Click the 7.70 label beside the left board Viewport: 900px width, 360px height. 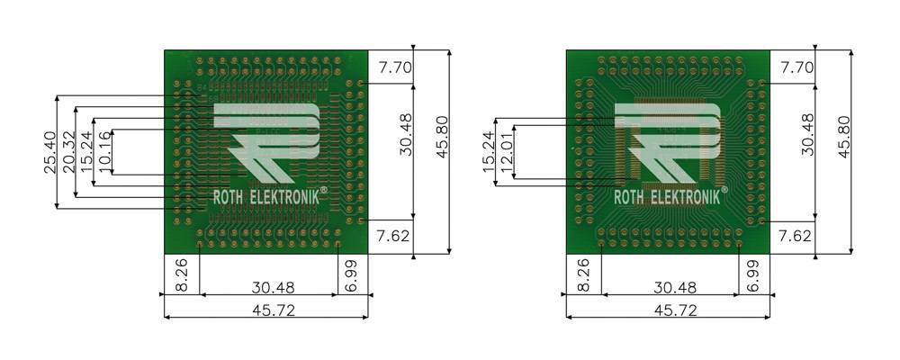click(x=394, y=67)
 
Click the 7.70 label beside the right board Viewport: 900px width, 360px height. click(x=796, y=67)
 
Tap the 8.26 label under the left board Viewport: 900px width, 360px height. click(x=180, y=274)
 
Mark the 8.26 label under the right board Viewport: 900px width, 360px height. click(x=582, y=274)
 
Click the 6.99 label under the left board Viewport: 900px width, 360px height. click(x=352, y=274)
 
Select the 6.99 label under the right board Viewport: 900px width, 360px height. click(x=754, y=274)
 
